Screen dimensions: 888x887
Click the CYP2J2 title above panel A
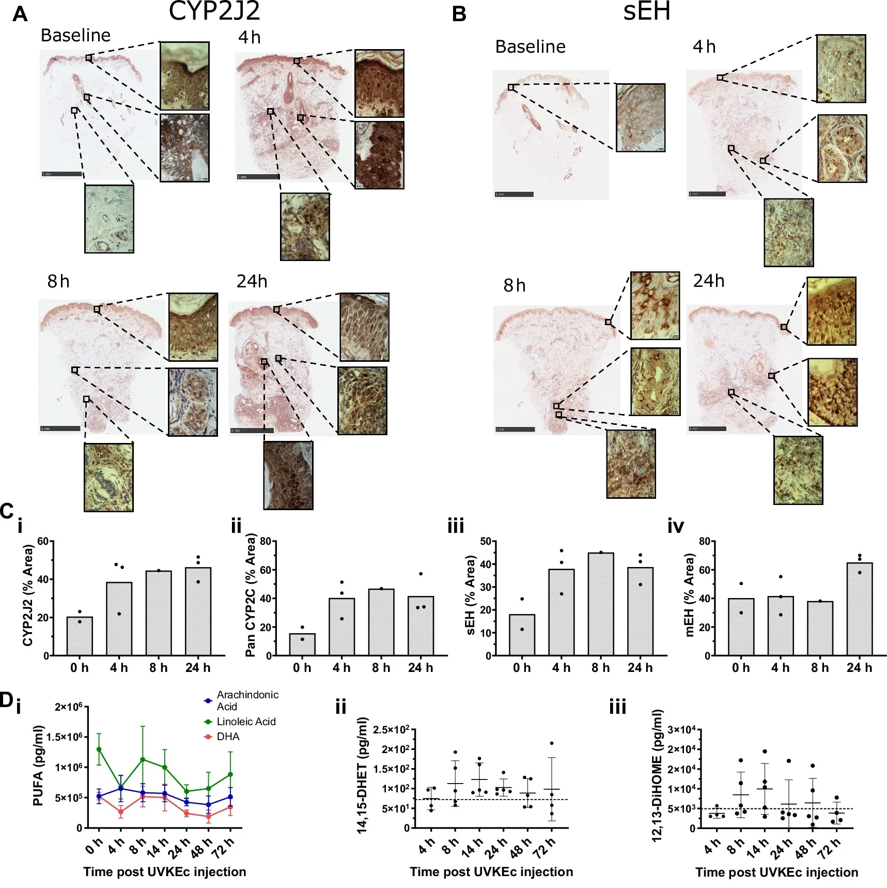214,11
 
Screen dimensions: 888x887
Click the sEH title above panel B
646,11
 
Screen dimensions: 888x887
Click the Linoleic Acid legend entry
245,722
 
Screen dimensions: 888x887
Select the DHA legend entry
228,737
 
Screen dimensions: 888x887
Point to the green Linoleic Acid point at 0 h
99,749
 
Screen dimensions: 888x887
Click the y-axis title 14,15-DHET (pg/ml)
363,775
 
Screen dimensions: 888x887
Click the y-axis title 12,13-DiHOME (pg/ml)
657,776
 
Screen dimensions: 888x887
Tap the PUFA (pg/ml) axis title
38,766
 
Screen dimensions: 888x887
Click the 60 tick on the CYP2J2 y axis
43,541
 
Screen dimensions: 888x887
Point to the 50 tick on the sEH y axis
485,541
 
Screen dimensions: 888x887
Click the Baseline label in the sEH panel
530,47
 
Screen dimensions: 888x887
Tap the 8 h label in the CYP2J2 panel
58,281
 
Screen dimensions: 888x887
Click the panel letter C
7,511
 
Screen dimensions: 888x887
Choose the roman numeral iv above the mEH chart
676,526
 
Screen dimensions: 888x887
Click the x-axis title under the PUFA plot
165,872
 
